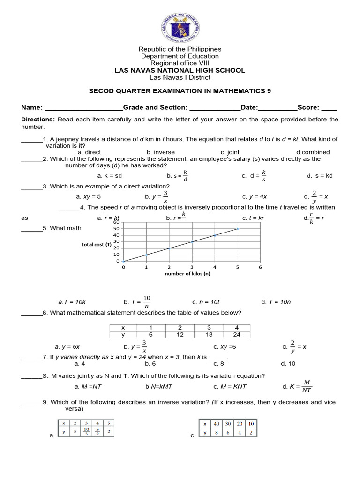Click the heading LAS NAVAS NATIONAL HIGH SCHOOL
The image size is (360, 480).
[x=180, y=70]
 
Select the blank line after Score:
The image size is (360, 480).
[x=329, y=107]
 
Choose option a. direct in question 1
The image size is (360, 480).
[x=90, y=152]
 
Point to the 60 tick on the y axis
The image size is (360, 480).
[x=117, y=222]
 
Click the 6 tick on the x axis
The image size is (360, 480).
[x=260, y=267]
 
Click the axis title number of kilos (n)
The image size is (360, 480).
[x=187, y=274]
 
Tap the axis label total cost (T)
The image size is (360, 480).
[x=97, y=244]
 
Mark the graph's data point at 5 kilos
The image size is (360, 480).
[x=238, y=229]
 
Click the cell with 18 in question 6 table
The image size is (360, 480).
[x=209, y=334]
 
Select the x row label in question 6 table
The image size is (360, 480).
[x=123, y=328]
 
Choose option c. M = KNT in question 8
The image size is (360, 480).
[x=230, y=387]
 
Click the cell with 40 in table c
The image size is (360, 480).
[x=217, y=423]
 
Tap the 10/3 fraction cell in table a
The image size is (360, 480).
[x=86, y=432]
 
